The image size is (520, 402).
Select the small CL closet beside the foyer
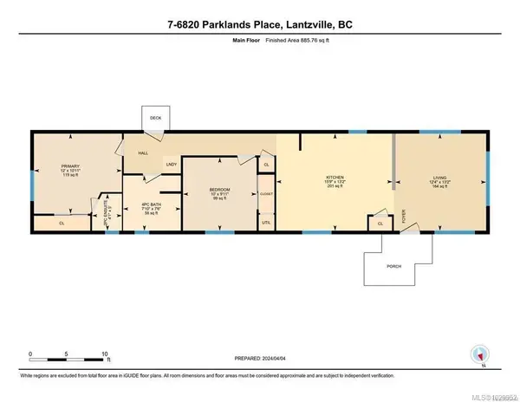point(380,224)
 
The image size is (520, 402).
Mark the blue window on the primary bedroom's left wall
point(33,183)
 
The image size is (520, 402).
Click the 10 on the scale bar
point(105,354)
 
